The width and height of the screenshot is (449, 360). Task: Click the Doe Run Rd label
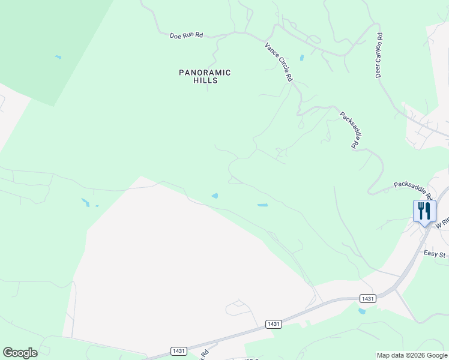[186, 35]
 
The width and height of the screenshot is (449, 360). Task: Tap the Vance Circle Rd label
[279, 61]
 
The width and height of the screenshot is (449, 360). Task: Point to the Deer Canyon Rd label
[379, 55]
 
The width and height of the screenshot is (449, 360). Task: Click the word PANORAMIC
[205, 73]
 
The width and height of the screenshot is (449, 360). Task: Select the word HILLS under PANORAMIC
[205, 80]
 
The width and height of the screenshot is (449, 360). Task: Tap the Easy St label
[435, 254]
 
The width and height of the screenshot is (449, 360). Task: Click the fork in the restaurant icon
[421, 210]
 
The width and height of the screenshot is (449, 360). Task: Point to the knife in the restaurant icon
[428, 210]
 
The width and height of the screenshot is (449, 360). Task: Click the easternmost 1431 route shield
[368, 298]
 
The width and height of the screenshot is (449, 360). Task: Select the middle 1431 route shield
[274, 324]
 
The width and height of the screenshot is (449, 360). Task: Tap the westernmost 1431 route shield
[178, 351]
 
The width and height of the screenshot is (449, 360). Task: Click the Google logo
[20, 353]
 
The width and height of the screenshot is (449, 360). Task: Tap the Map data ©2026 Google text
[412, 355]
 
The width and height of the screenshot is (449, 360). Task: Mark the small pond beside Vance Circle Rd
[301, 58]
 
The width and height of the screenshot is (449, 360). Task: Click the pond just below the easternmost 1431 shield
[361, 311]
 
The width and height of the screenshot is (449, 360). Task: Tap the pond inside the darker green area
[58, 57]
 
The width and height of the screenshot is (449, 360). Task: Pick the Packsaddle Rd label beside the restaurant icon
[414, 189]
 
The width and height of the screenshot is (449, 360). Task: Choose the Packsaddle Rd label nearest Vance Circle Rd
[350, 130]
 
